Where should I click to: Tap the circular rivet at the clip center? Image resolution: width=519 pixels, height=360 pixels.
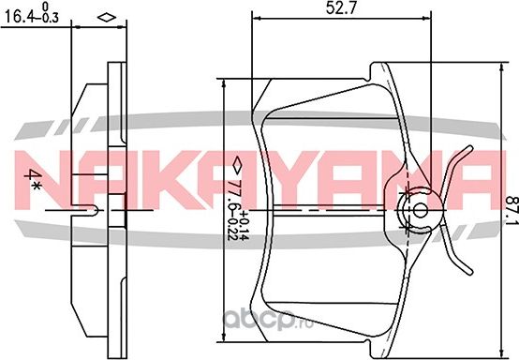pyautogui.click(x=420, y=208)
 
